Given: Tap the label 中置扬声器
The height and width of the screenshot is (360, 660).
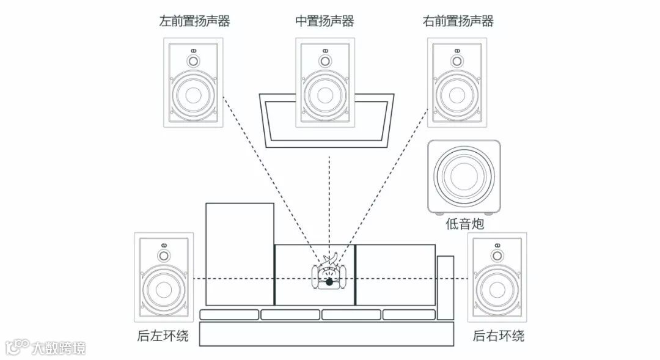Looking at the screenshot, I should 324,22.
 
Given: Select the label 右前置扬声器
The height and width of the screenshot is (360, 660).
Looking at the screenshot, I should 458,22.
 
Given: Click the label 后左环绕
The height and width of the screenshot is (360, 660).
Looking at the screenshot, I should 163,336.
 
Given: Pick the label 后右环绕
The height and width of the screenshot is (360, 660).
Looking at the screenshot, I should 499,336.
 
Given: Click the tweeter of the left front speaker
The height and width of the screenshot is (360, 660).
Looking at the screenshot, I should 194,61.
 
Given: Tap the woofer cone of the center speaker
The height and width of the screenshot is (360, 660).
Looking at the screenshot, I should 325,95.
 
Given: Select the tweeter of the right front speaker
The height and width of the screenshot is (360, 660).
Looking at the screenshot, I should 457,61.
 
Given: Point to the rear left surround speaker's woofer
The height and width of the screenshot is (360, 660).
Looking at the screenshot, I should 164,290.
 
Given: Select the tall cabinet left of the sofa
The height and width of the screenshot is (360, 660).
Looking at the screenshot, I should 240,254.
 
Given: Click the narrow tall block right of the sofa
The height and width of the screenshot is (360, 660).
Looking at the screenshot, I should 446,287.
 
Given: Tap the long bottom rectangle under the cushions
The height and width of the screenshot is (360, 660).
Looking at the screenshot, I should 327,334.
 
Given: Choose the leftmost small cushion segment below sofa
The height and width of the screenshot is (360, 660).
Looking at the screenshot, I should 229,315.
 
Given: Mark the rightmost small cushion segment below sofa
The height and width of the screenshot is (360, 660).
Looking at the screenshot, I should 409,315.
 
